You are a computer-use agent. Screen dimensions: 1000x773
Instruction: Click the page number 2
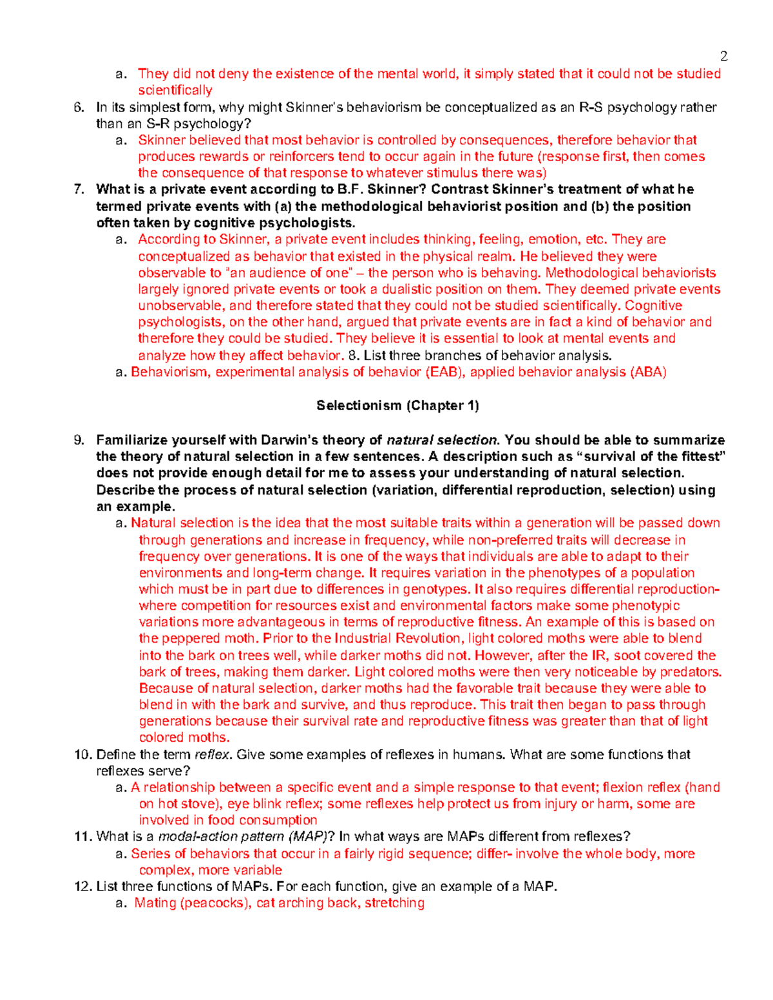724,56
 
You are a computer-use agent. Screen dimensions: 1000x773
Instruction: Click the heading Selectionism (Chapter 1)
397,406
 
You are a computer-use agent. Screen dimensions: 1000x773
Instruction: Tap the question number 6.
79,108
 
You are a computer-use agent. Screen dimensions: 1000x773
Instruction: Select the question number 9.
79,440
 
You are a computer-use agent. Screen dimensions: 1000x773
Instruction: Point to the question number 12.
83,886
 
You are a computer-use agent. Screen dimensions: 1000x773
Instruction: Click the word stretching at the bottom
394,903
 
